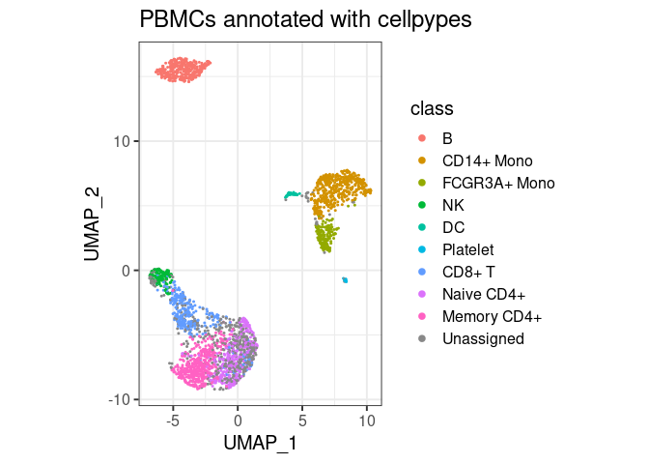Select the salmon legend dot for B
421,137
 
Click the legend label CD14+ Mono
488,159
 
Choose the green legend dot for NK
421,205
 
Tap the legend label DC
453,227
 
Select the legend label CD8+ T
467,272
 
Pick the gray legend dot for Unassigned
421,338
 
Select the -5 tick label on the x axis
173,421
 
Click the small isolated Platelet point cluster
345,280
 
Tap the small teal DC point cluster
292,195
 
